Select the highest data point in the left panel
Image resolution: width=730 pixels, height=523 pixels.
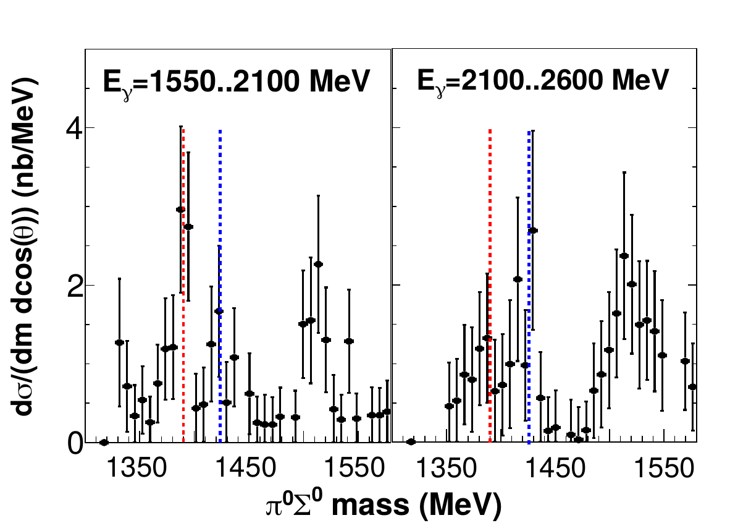tap(180, 210)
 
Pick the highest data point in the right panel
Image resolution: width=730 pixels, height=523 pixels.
tap(533, 231)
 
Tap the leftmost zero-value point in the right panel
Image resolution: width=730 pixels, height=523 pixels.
tap(411, 441)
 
